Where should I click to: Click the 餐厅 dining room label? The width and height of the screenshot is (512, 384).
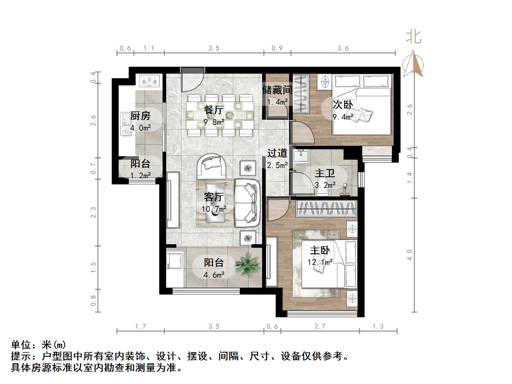coord(214,110)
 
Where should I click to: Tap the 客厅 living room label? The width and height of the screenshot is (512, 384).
coord(214,197)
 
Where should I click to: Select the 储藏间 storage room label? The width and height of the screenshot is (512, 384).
coord(277,90)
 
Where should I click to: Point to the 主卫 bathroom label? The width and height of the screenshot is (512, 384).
coord(325,173)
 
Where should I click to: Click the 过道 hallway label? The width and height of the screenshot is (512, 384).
coord(277,153)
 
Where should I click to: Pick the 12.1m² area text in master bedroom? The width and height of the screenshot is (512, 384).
coord(320,262)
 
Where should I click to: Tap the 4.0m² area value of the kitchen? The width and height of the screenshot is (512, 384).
coord(140,128)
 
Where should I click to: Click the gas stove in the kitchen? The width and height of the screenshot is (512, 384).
coord(149,81)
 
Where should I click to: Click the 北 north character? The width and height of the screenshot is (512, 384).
coord(414,37)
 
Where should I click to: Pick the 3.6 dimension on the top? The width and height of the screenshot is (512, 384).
coord(343,48)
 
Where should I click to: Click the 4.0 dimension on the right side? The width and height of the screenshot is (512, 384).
coord(410,255)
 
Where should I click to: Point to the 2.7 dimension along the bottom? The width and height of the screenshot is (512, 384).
coord(320,326)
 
